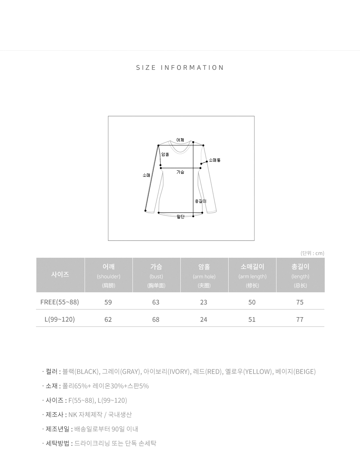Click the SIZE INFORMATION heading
pyautogui.click(x=180, y=68)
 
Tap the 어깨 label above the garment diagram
pyautogui.click(x=180, y=140)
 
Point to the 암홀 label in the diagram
pyautogui.click(x=165, y=154)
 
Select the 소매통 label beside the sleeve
pyautogui.click(x=215, y=160)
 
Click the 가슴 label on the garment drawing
pyautogui.click(x=180, y=172)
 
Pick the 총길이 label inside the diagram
pyautogui.click(x=201, y=201)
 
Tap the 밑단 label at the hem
pyautogui.click(x=180, y=217)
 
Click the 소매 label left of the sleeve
pyautogui.click(x=147, y=175)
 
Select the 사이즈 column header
pyautogui.click(x=60, y=274)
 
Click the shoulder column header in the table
pyautogui.click(x=108, y=275)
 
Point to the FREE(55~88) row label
pyautogui.click(x=59, y=302)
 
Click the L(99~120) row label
pyautogui.click(x=59, y=319)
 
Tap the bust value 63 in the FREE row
pyautogui.click(x=156, y=302)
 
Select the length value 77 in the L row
pyautogui.click(x=300, y=319)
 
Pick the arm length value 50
pyautogui.click(x=252, y=302)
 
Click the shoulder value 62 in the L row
pyautogui.click(x=108, y=319)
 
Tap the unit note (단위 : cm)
pyautogui.click(x=312, y=253)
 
